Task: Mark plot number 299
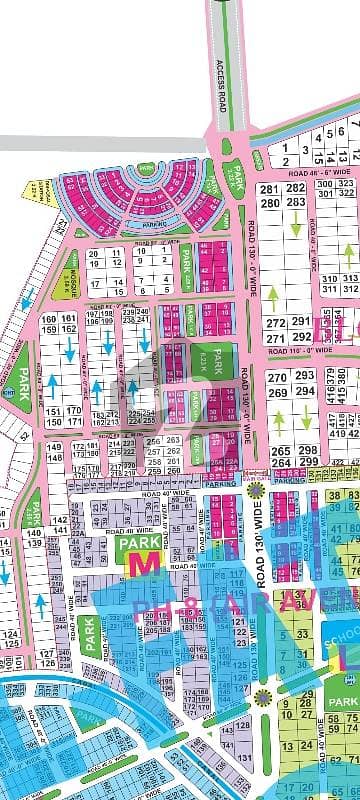point(307,464)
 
